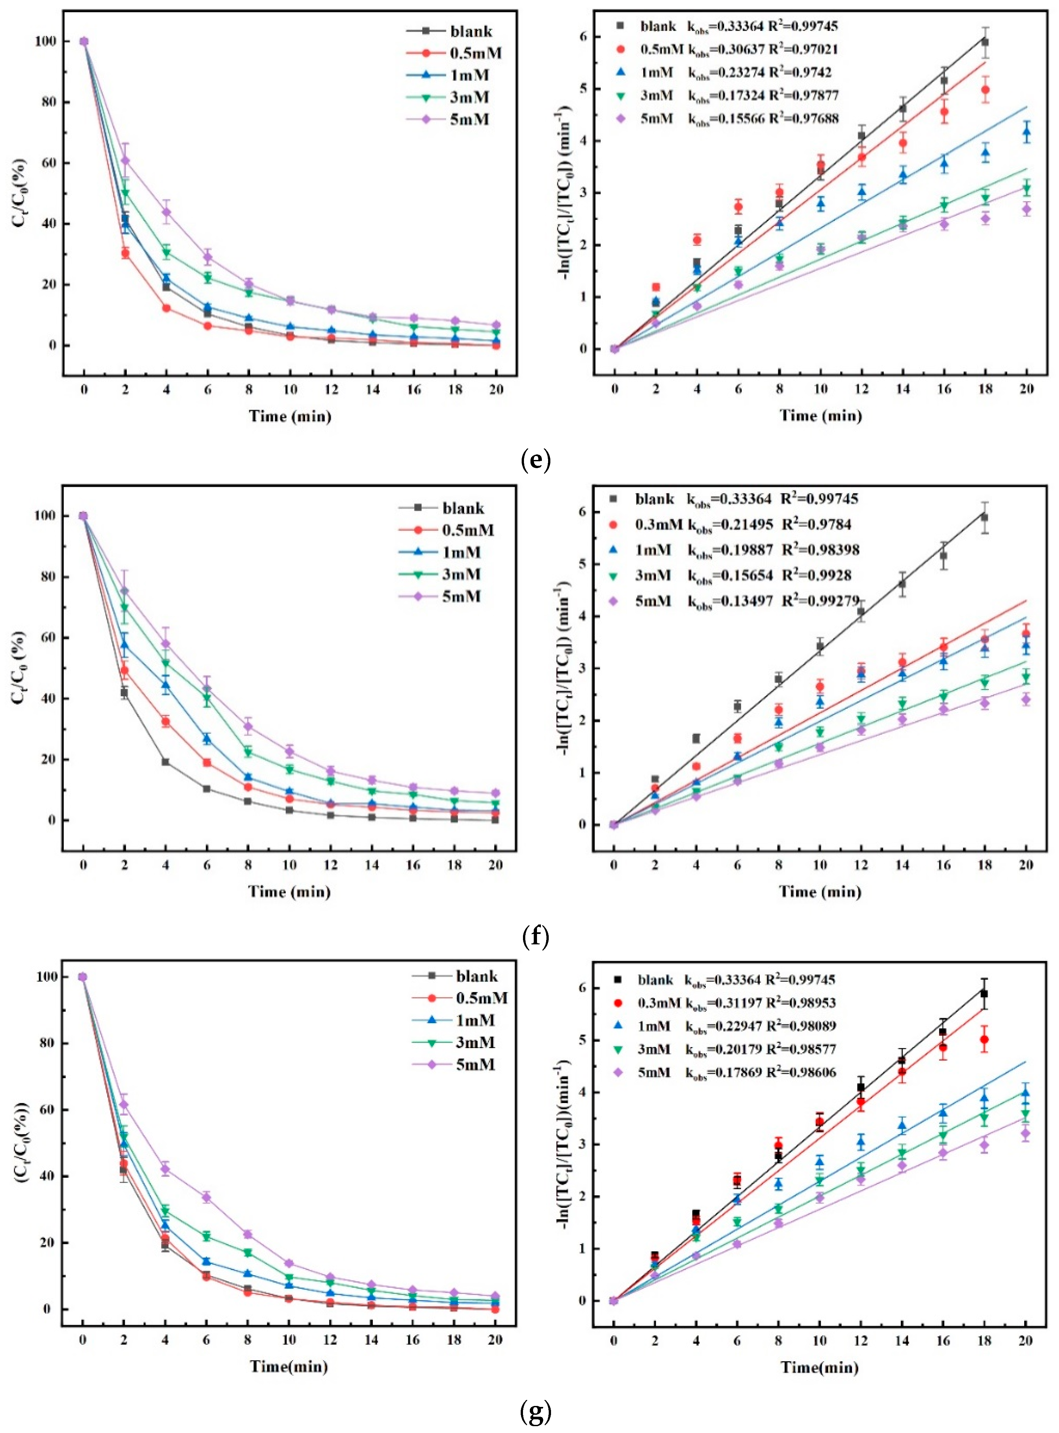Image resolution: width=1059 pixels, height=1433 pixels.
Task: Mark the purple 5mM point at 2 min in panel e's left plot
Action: tap(126, 160)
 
